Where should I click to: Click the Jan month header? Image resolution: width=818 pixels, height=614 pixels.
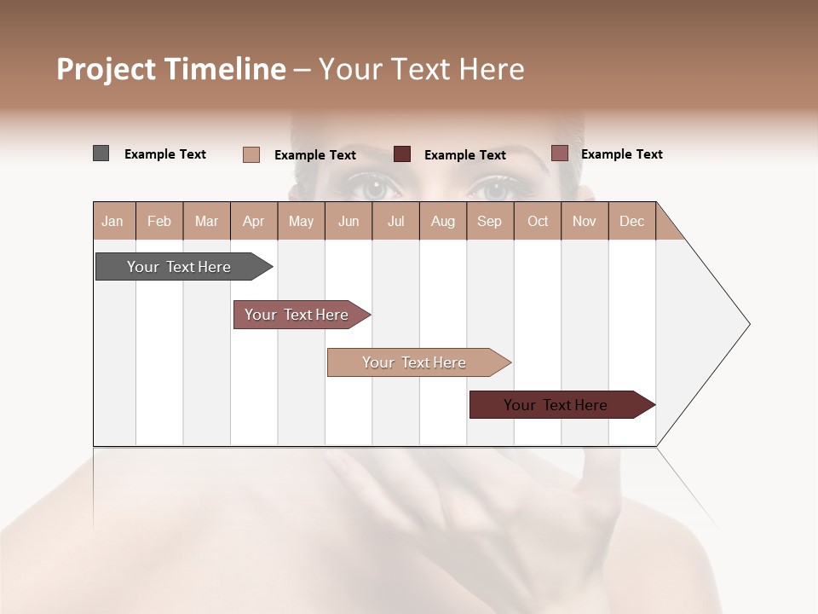coord(112,221)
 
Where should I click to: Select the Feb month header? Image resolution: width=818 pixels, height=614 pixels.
coord(159,221)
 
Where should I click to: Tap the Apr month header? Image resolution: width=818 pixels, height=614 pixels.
coord(253,221)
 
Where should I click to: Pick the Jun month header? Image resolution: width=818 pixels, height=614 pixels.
coord(349,221)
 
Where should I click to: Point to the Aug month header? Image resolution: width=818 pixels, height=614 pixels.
coord(442,221)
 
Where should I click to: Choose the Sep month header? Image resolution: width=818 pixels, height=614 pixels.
coord(489,221)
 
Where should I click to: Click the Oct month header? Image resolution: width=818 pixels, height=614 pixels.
coord(538,221)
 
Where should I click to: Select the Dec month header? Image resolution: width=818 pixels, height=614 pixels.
coord(631,221)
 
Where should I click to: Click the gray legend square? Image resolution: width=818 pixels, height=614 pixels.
coord(101,153)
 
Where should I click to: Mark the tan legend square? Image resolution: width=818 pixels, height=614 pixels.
coord(251,154)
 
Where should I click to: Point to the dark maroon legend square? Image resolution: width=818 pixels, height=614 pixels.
coord(402,154)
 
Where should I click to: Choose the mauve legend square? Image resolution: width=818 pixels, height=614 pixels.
coord(559,153)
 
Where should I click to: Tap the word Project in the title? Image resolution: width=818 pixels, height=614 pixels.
coord(107,69)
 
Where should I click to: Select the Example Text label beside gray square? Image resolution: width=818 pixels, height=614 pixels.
coord(165,154)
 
